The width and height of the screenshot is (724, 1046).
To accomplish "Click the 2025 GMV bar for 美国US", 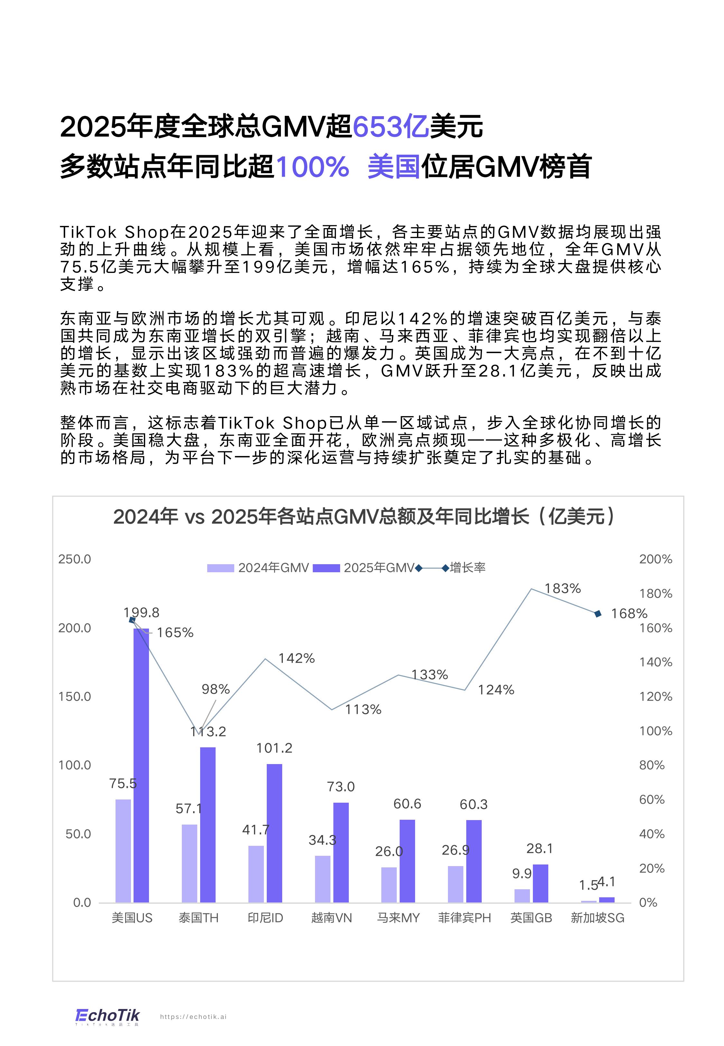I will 141,767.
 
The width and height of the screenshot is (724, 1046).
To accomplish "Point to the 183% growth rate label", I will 562,589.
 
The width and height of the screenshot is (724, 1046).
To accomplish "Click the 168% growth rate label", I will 629,614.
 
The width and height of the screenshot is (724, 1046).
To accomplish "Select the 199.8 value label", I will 142,613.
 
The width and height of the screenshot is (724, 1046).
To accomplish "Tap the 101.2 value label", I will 274,748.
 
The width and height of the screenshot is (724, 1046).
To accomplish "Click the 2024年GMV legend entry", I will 259,568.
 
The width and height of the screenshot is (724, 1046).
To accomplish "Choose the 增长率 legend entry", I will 467,568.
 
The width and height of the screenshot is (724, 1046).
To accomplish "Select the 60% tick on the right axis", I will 652,800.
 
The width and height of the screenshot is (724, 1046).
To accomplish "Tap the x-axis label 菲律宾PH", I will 465,918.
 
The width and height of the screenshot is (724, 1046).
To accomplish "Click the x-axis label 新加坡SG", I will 598,918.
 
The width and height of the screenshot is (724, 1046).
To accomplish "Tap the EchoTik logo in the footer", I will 107,1016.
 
